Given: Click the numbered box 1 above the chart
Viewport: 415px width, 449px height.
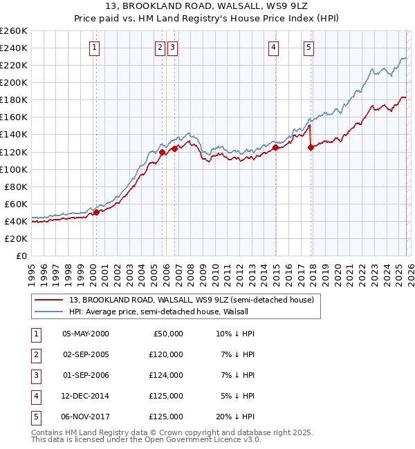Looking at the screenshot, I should click(94, 48).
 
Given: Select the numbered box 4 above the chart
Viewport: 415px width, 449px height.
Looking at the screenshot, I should click(274, 48).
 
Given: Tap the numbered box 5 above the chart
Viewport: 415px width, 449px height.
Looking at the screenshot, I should click(308, 48).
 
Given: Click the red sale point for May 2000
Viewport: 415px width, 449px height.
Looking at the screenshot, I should click(96, 212).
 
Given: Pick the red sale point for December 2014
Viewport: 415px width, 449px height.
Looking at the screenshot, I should click(275, 147).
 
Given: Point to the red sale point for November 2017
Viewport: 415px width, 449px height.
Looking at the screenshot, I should click(311, 147).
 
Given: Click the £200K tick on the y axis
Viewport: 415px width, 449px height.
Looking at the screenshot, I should click(14, 82).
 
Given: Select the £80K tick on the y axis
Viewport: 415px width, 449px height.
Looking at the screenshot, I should click(16, 187).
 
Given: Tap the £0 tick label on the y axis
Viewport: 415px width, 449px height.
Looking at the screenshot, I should click(21, 256).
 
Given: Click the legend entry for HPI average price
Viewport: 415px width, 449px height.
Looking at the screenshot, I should click(163, 312).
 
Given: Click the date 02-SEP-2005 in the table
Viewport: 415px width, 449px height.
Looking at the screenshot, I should click(86, 354).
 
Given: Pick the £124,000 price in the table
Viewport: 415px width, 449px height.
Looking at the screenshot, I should click(166, 375).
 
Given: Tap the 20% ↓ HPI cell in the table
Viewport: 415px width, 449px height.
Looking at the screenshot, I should click(235, 417).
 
